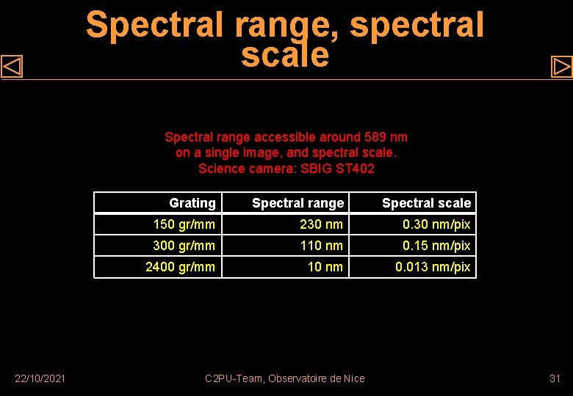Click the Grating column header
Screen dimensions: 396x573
[192, 203]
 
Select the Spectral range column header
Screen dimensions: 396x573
[298, 203]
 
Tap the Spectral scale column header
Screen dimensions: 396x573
[426, 203]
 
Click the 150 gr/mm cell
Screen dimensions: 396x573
[184, 224]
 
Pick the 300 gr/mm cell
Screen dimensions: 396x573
[184, 246]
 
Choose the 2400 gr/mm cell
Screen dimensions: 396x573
[180, 267]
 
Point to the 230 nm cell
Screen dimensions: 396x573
[321, 224]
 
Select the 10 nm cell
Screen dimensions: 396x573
[325, 267]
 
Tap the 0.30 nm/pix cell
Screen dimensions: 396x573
[436, 224]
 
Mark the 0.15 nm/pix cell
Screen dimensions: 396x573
[436, 246]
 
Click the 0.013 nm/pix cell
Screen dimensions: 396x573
[433, 267]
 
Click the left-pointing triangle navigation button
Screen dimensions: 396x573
[12, 67]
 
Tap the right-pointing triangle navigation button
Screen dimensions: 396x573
[561, 67]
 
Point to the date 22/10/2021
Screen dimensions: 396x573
[40, 378]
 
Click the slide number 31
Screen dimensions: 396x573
[555, 378]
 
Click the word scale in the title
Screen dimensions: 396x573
[285, 55]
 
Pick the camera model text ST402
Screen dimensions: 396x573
[356, 169]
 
